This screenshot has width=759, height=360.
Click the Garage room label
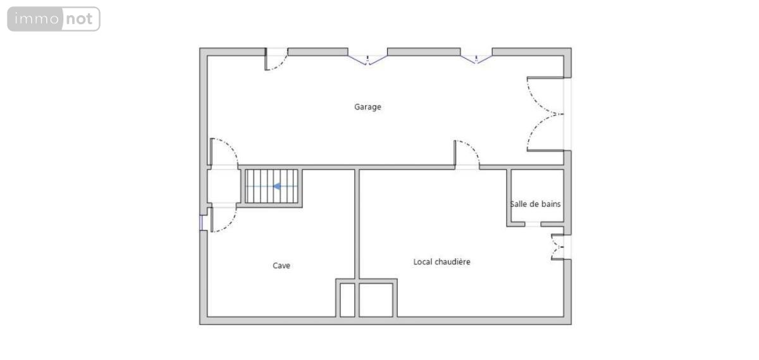367,107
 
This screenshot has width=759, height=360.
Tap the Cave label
281,266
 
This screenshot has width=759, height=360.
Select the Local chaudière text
441,262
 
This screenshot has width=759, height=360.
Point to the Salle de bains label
535,204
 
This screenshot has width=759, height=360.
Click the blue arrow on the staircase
277,186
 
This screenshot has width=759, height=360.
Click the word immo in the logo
37,18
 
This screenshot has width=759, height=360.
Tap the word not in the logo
79,19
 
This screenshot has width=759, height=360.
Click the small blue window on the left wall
201,223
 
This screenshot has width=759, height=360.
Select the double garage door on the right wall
545,114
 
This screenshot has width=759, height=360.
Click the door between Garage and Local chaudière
467,154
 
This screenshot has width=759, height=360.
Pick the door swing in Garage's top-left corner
276,59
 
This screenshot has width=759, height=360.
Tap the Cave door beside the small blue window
223,220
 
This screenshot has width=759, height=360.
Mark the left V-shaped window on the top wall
367,60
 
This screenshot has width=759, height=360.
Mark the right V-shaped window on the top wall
476,59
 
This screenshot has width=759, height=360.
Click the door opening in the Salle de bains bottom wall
533,224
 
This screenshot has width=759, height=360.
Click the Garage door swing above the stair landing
224,152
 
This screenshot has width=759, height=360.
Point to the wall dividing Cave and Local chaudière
357,224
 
